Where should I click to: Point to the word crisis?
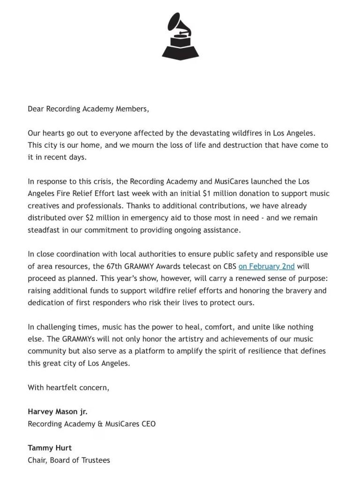109,181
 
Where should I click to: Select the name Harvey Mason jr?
58,412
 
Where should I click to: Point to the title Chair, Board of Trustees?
69,460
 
